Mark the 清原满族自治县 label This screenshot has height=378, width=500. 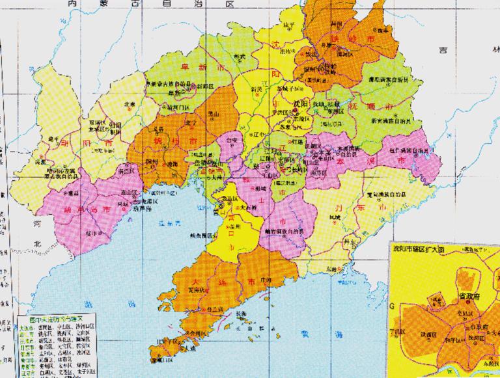[x=386, y=79]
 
